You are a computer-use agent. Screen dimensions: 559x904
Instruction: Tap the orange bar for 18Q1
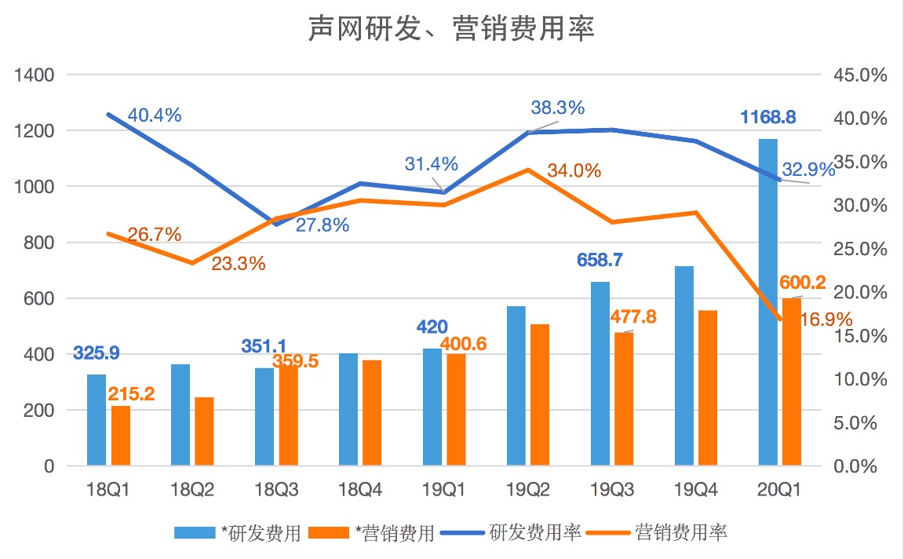[121, 436]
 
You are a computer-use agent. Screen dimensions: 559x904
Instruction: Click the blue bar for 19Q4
[684, 366]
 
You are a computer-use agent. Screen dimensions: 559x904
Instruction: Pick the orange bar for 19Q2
[541, 395]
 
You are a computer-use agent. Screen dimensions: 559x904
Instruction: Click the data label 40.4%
[155, 115]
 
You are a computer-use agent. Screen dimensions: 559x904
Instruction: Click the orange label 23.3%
[239, 264]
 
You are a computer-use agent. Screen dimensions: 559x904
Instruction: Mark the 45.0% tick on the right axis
[861, 75]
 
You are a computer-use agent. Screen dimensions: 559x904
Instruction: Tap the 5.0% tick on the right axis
[861, 423]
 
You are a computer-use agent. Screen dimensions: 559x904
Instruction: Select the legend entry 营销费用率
[681, 533]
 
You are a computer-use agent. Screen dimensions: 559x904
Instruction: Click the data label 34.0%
[574, 170]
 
